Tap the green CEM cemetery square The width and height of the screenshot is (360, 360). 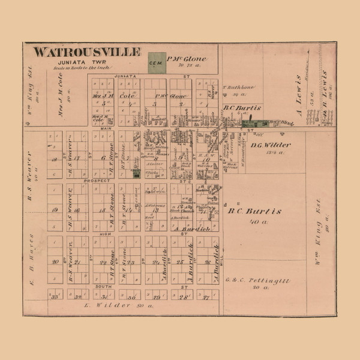(x=157, y=61)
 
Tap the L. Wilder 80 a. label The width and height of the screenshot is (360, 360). (x=124, y=306)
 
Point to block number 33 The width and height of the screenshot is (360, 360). (x=55, y=297)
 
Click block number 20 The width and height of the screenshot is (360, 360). (x=55, y=261)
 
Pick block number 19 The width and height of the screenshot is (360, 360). (x=55, y=210)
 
